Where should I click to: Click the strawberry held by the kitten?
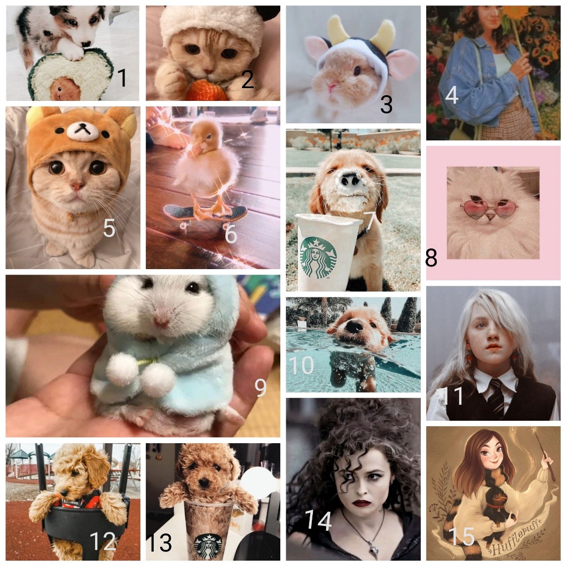point(207,90)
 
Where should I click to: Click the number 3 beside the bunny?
point(386,104)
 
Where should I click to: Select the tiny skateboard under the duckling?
point(206,215)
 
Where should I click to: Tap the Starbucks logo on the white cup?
point(317,257)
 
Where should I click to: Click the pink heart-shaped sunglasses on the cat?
point(489,208)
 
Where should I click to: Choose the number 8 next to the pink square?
point(431,257)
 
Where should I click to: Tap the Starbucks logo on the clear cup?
point(208,546)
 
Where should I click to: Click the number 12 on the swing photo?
point(103,541)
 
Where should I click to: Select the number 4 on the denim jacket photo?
point(452,95)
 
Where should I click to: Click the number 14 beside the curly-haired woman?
point(318,520)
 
